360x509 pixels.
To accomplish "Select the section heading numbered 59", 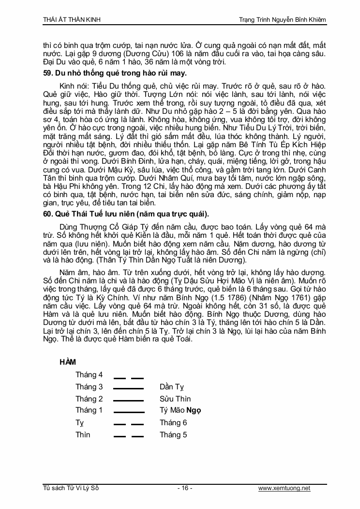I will click(x=115, y=73).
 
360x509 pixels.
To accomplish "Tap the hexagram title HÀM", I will click(x=67, y=362).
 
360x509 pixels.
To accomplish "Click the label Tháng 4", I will click(x=89, y=375).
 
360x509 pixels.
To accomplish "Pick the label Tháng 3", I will click(x=89, y=387).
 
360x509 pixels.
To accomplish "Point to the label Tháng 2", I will click(x=89, y=399).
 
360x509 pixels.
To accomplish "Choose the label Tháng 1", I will click(x=89, y=411).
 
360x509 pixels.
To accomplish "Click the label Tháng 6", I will click(x=173, y=423).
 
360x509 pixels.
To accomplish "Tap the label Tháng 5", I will click(x=173, y=435).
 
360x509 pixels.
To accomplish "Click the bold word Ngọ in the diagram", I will click(x=194, y=411).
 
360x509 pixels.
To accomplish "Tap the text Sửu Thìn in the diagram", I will click(x=175, y=399).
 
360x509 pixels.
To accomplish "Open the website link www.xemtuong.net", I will click(x=284, y=488).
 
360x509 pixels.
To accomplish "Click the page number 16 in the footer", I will click(x=184, y=488).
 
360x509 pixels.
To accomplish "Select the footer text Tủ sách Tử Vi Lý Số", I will click(x=71, y=488).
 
